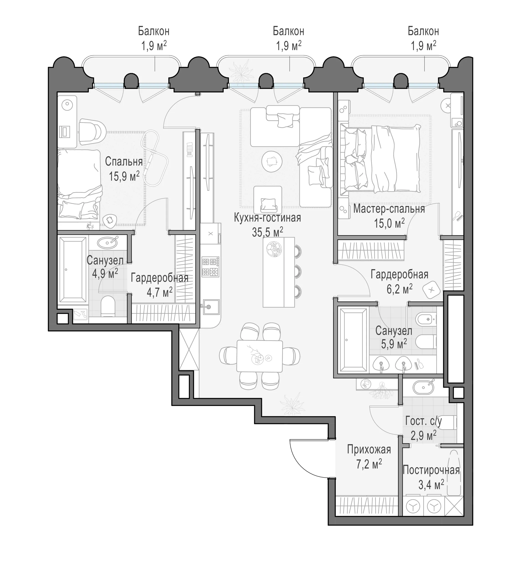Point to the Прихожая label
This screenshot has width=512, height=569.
coord(369,450)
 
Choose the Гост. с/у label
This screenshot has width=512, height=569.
coord(424,421)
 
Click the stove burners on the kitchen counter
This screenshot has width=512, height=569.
coord(210,267)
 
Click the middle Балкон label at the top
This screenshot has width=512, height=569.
coord(288,31)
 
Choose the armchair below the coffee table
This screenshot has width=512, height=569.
coord(268,200)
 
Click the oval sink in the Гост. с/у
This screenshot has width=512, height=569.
coord(423,388)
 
